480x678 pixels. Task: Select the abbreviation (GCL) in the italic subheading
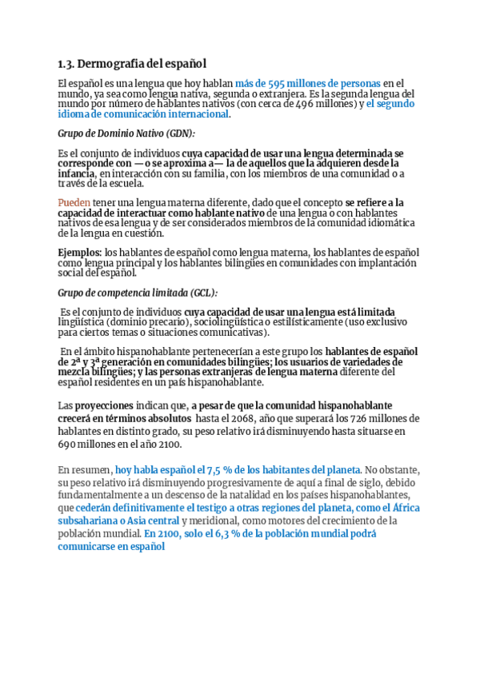(201, 293)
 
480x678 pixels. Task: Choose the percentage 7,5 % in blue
(220, 471)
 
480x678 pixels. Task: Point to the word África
(402, 508)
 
